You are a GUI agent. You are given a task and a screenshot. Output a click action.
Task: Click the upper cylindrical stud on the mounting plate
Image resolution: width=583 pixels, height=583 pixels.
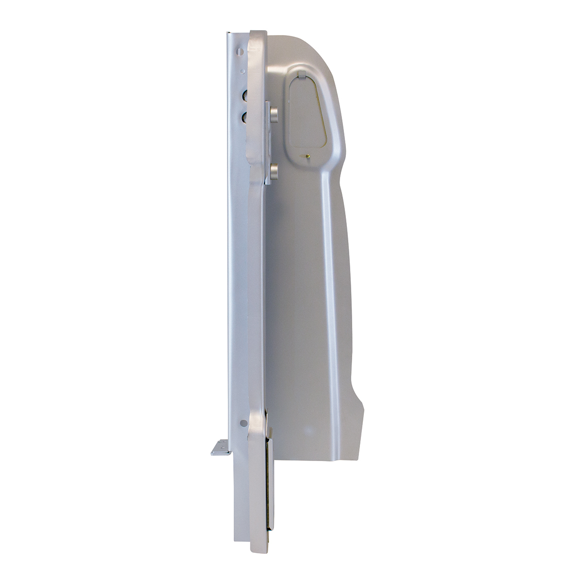pos(274,115)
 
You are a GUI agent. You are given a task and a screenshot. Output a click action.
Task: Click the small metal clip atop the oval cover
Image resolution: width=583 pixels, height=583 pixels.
pos(301,75)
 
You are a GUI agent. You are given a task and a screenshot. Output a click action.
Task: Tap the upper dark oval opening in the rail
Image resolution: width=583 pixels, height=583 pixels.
pos(245,95)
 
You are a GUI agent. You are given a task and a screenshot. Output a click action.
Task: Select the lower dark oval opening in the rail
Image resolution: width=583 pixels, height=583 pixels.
pos(245,117)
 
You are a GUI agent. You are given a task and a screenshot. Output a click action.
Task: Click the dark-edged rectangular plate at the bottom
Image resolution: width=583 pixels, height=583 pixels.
pos(269,481)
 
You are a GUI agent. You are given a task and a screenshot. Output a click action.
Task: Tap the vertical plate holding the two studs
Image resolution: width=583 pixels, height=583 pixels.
pos(267,143)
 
